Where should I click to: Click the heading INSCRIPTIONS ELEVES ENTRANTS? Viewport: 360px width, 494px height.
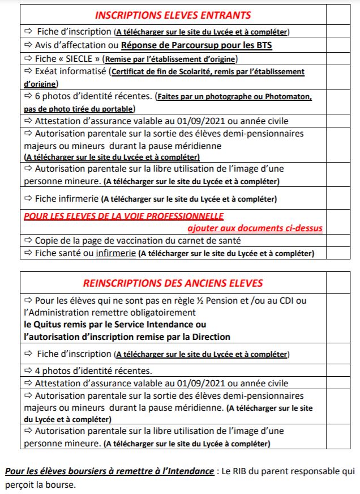click(x=173, y=15)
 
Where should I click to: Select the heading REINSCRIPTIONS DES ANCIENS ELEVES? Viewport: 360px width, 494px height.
click(x=173, y=283)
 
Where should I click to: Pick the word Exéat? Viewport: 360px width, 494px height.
click(x=48, y=72)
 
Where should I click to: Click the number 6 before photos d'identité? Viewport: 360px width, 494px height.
click(x=37, y=96)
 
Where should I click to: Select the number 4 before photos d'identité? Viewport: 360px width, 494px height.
click(x=37, y=371)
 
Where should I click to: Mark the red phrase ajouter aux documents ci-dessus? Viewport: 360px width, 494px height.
click(x=255, y=228)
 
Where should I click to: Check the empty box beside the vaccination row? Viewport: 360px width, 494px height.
click(x=338, y=241)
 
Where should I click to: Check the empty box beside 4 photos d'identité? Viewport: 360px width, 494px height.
click(x=338, y=371)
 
